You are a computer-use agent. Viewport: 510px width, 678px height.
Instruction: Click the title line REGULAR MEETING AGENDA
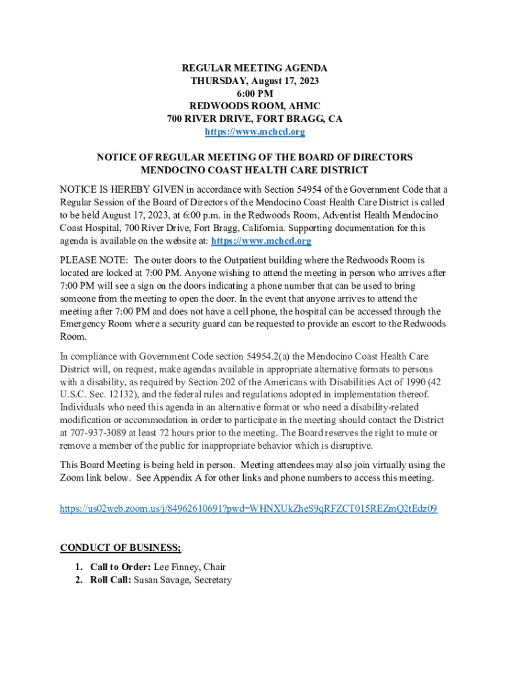point(255,68)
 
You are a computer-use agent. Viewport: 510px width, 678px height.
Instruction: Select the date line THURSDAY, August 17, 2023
point(255,81)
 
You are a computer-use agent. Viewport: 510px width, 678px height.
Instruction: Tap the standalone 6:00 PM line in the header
point(255,93)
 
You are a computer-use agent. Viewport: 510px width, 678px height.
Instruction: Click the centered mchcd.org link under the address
point(255,132)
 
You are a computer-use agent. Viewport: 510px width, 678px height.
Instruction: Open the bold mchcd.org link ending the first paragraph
point(261,240)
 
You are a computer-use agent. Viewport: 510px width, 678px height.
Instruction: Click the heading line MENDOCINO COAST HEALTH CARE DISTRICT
point(255,170)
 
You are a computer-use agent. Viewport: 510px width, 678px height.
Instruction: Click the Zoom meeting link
point(248,509)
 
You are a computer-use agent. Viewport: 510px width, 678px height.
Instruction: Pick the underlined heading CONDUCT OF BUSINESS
point(120,548)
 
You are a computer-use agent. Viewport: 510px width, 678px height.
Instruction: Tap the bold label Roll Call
point(110,580)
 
